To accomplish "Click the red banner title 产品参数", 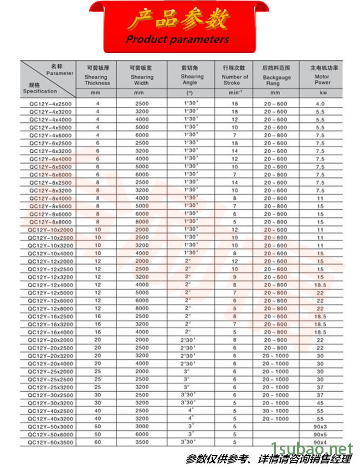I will pyautogui.click(x=180, y=20).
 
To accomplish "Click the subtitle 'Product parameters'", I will pyautogui.click(x=177, y=39).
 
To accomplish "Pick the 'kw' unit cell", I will pyautogui.click(x=322, y=93).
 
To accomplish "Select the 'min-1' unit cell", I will pyautogui.click(x=235, y=93).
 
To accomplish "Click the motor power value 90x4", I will pyautogui.click(x=320, y=442).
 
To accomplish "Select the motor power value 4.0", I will pyautogui.click(x=320, y=104).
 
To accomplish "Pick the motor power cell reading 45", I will pyautogui.click(x=320, y=403).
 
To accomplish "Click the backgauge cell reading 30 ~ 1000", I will pyautogui.click(x=275, y=410).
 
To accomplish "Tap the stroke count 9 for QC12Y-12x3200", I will pyautogui.click(x=235, y=277).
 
